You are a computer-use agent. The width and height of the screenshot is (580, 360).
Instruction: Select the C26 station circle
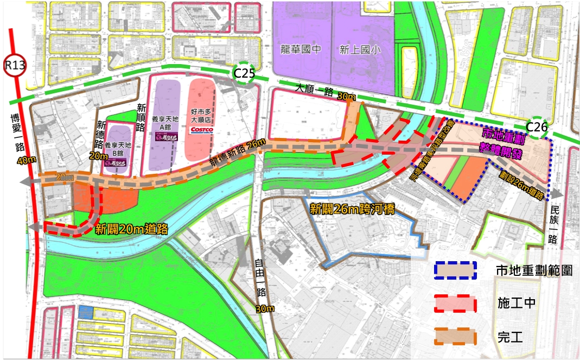[537, 128]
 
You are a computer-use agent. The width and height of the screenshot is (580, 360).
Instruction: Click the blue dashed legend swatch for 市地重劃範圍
[455, 270]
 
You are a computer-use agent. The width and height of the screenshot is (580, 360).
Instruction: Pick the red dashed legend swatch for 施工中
[455, 304]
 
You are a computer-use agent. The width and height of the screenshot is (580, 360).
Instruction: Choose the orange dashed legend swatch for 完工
[455, 337]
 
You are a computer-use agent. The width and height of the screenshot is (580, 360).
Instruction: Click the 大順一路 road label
[314, 90]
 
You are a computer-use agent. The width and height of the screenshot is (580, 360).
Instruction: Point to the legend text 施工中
[516, 304]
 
